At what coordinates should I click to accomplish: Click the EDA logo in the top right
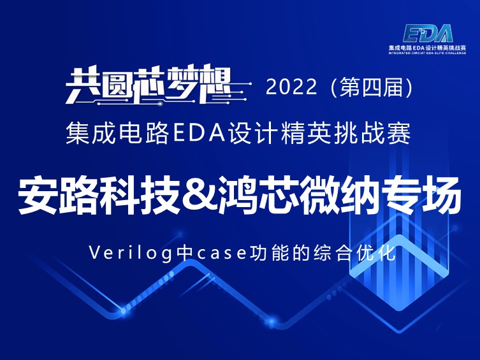pyautogui.click(x=428, y=33)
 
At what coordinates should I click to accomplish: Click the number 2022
pyautogui.click(x=291, y=87)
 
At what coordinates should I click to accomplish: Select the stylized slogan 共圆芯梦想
pyautogui.click(x=149, y=84)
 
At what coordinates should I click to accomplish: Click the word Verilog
pyautogui.click(x=130, y=254)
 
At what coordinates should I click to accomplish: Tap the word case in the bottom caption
pyautogui.click(x=223, y=254)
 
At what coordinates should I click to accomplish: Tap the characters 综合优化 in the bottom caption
pyautogui.click(x=355, y=253)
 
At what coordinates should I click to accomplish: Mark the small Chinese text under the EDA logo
pyautogui.click(x=427, y=48)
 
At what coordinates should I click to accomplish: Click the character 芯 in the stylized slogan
pyautogui.click(x=150, y=84)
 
